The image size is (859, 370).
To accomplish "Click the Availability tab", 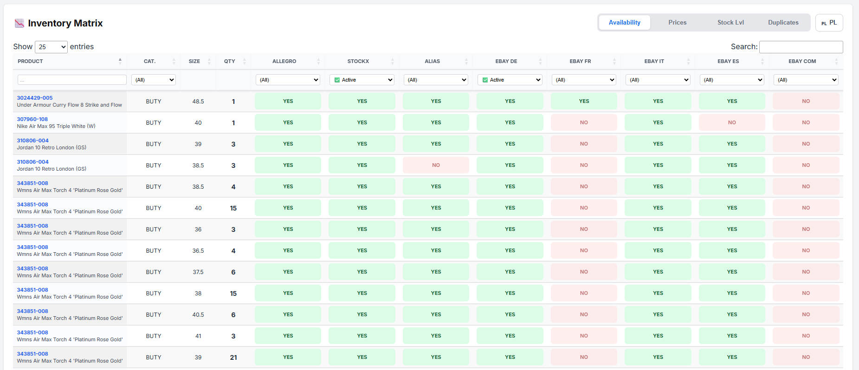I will pos(624,23).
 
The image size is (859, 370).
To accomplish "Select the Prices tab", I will pos(677,23).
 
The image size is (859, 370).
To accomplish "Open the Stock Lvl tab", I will pos(730,23).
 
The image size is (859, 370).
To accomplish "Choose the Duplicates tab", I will pos(783,23).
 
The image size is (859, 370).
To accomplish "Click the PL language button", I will pos(829,23).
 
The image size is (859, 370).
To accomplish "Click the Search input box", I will pos(801,47).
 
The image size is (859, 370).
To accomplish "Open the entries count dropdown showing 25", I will pos(51,47).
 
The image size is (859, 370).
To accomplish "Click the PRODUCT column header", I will pos(31,61).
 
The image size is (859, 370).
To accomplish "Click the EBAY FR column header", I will pos(580,61).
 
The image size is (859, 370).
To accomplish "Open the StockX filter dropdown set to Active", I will pos(362,80).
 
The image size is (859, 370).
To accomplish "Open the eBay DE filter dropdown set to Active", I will pos(510,80).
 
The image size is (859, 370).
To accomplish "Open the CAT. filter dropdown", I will pos(154,80).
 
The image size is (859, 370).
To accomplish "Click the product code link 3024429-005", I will pos(35,98).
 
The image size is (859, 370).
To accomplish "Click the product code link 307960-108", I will pos(32,119).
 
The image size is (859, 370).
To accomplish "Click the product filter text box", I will pos(72,80).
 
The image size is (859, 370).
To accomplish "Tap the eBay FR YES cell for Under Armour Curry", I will pos(584,101).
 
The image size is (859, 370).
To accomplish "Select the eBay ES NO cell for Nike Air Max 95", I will pos(732,122).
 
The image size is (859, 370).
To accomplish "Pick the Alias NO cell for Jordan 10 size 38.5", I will pos(436,165).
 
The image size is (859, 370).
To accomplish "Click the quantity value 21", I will pos(233,357).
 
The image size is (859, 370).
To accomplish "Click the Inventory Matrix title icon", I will pos(19,23).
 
